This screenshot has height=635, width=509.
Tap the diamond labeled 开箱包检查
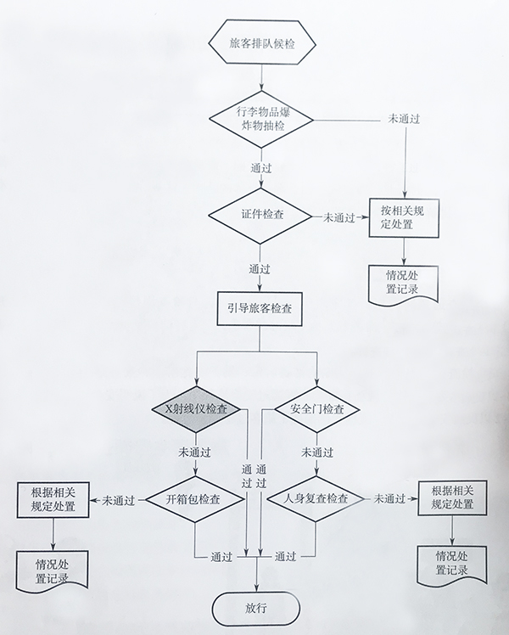pyautogui.click(x=195, y=500)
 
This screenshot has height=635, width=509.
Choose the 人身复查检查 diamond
pyautogui.click(x=316, y=499)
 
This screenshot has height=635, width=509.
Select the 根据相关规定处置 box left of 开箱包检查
pyautogui.click(x=53, y=499)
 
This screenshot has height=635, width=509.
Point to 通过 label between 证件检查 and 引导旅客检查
pyautogui.click(x=260, y=268)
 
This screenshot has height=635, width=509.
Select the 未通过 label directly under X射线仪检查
pyautogui.click(x=195, y=451)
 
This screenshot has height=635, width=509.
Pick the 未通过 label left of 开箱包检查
pyautogui.click(x=119, y=500)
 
